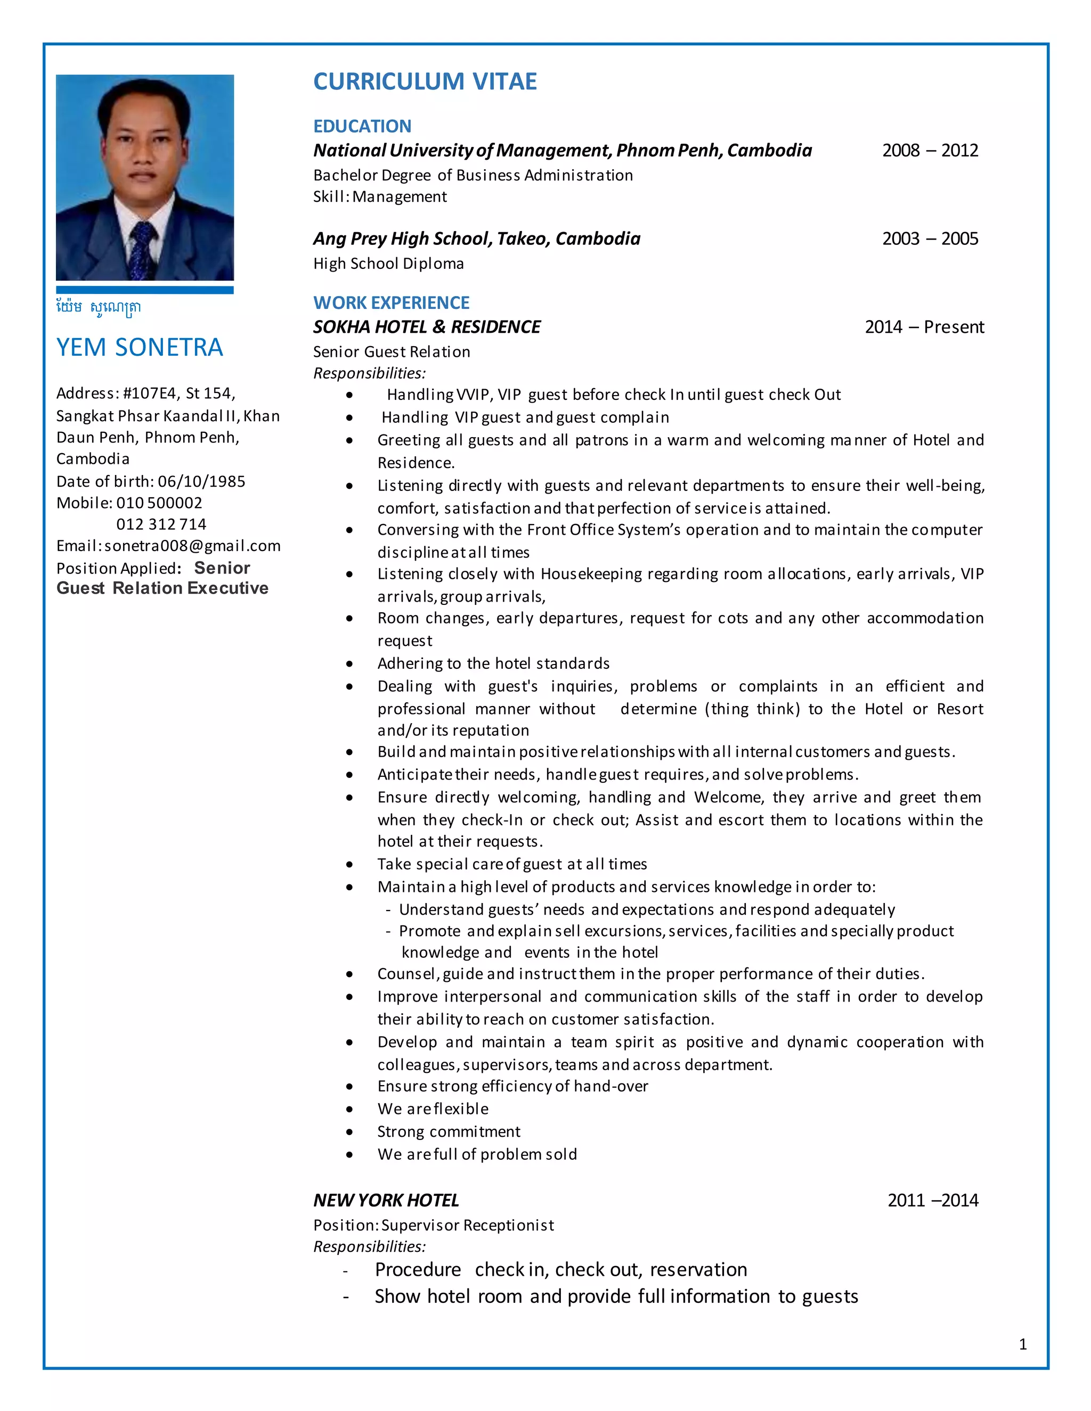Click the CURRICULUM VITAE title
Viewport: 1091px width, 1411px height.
coord(425,81)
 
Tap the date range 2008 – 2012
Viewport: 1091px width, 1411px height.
coord(930,151)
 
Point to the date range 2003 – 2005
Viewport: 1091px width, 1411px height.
coord(930,239)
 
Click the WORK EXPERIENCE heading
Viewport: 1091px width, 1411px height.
coord(391,302)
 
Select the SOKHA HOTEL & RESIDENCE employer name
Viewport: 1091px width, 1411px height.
coord(427,327)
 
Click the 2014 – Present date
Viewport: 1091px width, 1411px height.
coord(924,327)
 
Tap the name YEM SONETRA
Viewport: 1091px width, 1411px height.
coord(140,348)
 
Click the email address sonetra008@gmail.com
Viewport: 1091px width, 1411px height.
coord(193,546)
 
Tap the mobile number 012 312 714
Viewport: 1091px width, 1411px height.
coord(161,524)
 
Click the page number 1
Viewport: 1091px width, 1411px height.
coord(1022,1344)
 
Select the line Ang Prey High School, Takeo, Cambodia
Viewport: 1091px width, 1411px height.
coord(476,239)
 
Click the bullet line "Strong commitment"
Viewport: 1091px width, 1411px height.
coord(449,1131)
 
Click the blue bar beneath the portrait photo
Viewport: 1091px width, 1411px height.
coord(145,290)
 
